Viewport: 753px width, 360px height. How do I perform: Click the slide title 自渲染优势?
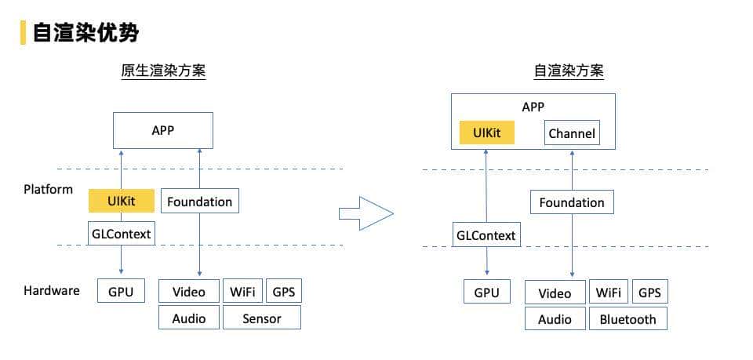[85, 32]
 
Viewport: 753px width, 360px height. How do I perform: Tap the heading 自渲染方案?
[569, 71]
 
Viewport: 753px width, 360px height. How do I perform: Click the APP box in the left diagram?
[162, 130]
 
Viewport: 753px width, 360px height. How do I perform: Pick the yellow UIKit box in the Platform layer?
[121, 202]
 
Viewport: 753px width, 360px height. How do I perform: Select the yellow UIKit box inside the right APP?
[486, 133]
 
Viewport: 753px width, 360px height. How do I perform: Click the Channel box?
[572, 133]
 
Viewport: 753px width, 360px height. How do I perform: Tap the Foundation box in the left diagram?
[199, 202]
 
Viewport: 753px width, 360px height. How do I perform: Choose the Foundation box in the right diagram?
[572, 202]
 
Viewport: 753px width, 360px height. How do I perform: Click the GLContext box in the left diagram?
[120, 233]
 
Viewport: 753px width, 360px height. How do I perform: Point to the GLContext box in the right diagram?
[486, 235]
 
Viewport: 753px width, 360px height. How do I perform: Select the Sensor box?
[261, 318]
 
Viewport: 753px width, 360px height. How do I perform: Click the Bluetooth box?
[627, 319]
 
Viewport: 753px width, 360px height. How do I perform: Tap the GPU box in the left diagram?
[121, 292]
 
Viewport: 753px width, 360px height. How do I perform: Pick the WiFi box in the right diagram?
[608, 293]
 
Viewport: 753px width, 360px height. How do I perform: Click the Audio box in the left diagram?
[188, 318]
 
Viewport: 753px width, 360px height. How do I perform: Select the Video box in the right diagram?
[555, 293]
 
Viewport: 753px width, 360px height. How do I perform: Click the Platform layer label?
[48, 189]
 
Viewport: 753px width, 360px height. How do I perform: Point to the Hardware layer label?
[52, 290]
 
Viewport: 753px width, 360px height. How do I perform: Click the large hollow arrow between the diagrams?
[365, 213]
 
